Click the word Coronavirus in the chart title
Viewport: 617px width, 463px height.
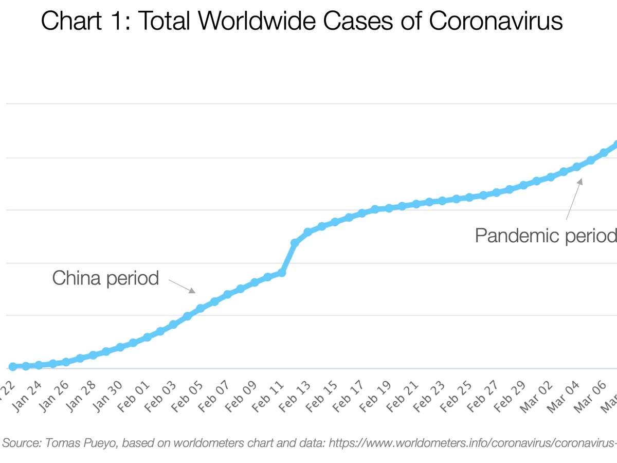[495, 22]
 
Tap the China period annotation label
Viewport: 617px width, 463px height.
[105, 278]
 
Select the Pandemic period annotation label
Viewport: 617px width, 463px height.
[545, 236]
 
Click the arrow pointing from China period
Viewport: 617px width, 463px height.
[183, 286]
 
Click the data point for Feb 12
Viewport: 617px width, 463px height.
[295, 242]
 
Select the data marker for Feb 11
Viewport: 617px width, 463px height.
[281, 272]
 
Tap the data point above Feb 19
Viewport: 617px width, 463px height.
[389, 208]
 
